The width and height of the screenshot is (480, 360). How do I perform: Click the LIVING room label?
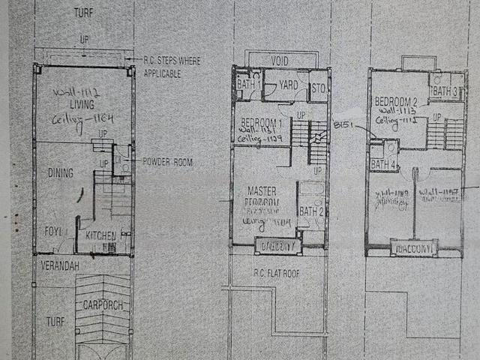[82, 104]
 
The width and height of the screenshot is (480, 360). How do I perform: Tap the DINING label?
[61, 173]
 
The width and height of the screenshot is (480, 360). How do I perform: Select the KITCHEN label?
[100, 236]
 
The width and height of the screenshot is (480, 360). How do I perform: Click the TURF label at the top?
[83, 13]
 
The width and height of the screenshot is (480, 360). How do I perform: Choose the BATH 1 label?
[249, 85]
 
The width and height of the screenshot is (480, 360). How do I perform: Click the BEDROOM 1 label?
[261, 123]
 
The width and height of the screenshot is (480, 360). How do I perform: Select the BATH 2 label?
[310, 211]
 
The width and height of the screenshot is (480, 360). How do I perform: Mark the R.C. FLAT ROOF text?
[276, 274]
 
